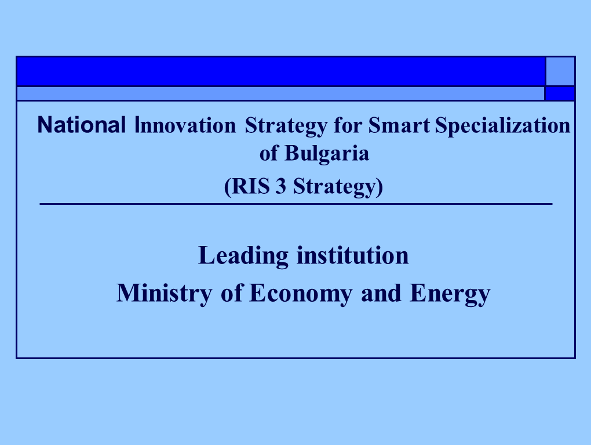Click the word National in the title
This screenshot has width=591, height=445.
pyautogui.click(x=82, y=125)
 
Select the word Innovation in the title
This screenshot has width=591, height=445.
pyautogui.click(x=185, y=125)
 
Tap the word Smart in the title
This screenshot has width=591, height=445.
pyautogui.click(x=399, y=125)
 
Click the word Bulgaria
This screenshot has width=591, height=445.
pyautogui.click(x=327, y=154)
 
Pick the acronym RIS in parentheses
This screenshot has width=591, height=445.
pyautogui.click(x=250, y=186)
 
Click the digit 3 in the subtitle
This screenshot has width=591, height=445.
pyautogui.click(x=281, y=186)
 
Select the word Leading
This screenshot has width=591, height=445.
pyautogui.click(x=243, y=256)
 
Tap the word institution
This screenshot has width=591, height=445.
pyautogui.click(x=352, y=255)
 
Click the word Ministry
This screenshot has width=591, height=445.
pyautogui.click(x=165, y=293)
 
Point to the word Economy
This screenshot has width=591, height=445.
pyautogui.click(x=301, y=293)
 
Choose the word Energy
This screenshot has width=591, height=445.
pyautogui.click(x=450, y=293)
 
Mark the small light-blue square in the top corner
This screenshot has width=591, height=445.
pyautogui.click(x=560, y=71)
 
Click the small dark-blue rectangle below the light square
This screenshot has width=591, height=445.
pyautogui.click(x=560, y=93)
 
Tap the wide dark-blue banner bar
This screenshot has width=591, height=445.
pyautogui.click(x=281, y=71)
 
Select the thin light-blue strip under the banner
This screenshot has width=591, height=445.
pyautogui.click(x=280, y=93)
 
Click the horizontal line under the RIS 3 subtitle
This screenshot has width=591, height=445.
pyautogui.click(x=296, y=204)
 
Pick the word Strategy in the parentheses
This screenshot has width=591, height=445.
pyautogui.click(x=335, y=187)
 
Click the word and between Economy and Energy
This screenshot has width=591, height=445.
pyautogui.click(x=381, y=293)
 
